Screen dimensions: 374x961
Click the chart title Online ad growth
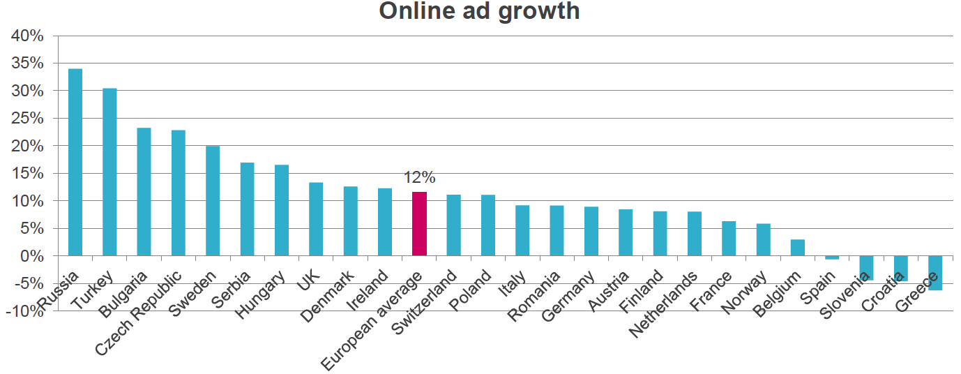[x=479, y=11]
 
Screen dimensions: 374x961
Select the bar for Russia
[x=75, y=162]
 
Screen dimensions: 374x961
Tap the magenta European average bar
[x=419, y=224]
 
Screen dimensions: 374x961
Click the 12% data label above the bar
[x=419, y=178]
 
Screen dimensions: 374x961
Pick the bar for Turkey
[x=109, y=172]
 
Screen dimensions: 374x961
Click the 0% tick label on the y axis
[x=32, y=256]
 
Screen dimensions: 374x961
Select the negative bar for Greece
[x=935, y=273]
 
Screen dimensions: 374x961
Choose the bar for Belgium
[x=798, y=248]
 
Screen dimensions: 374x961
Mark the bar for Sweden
[x=213, y=201]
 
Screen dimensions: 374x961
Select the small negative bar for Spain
[x=832, y=257]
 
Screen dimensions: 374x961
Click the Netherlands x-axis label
[x=665, y=303]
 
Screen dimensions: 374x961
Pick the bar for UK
[x=316, y=219]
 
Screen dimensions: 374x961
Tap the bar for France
[x=729, y=239]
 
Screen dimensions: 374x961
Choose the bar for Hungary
[x=282, y=210]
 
